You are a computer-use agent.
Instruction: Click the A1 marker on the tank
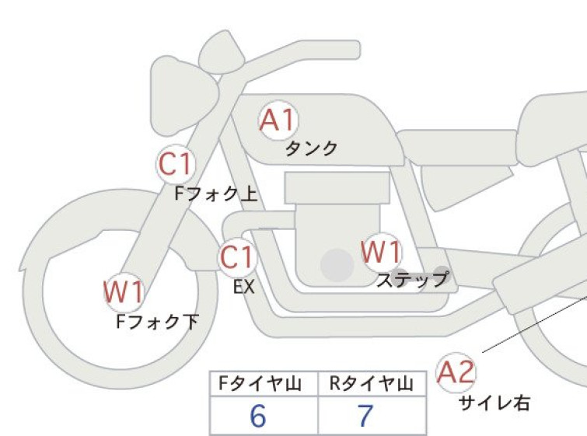pos(279,120)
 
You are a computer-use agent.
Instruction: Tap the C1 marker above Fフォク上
pos(176,164)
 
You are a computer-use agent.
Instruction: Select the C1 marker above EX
pos(237,257)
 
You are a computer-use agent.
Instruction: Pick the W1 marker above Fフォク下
pos(124,292)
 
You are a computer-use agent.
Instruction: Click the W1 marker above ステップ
pos(382,252)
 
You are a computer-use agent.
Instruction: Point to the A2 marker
pos(456,372)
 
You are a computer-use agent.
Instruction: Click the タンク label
pos(312,148)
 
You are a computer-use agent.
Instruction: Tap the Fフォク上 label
pos(216,194)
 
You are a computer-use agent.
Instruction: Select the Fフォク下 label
pos(157,322)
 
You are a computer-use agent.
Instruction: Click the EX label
pos(244,287)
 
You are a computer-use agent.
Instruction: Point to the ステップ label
pos(413,279)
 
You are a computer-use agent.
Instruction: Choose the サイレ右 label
pos(494,403)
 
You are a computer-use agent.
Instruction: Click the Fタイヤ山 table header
pos(260,384)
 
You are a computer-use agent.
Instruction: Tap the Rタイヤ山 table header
pos(372,384)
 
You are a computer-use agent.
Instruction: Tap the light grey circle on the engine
pos(337,265)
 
